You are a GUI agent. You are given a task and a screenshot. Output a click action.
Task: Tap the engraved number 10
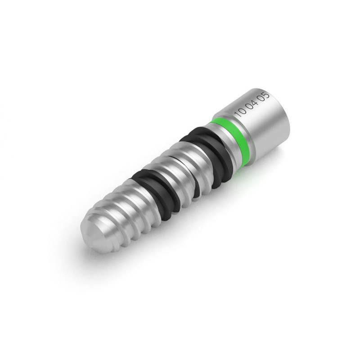click(x=240, y=112)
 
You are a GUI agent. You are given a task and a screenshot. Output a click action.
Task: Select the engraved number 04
click(x=252, y=105)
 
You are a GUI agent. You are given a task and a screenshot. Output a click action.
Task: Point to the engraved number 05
click(x=264, y=97)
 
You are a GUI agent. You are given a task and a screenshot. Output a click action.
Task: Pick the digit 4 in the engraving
click(x=255, y=103)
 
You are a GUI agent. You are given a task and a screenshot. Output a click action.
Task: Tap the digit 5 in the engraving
click(x=266, y=95)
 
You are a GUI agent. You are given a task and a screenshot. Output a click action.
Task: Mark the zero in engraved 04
click(x=249, y=107)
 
